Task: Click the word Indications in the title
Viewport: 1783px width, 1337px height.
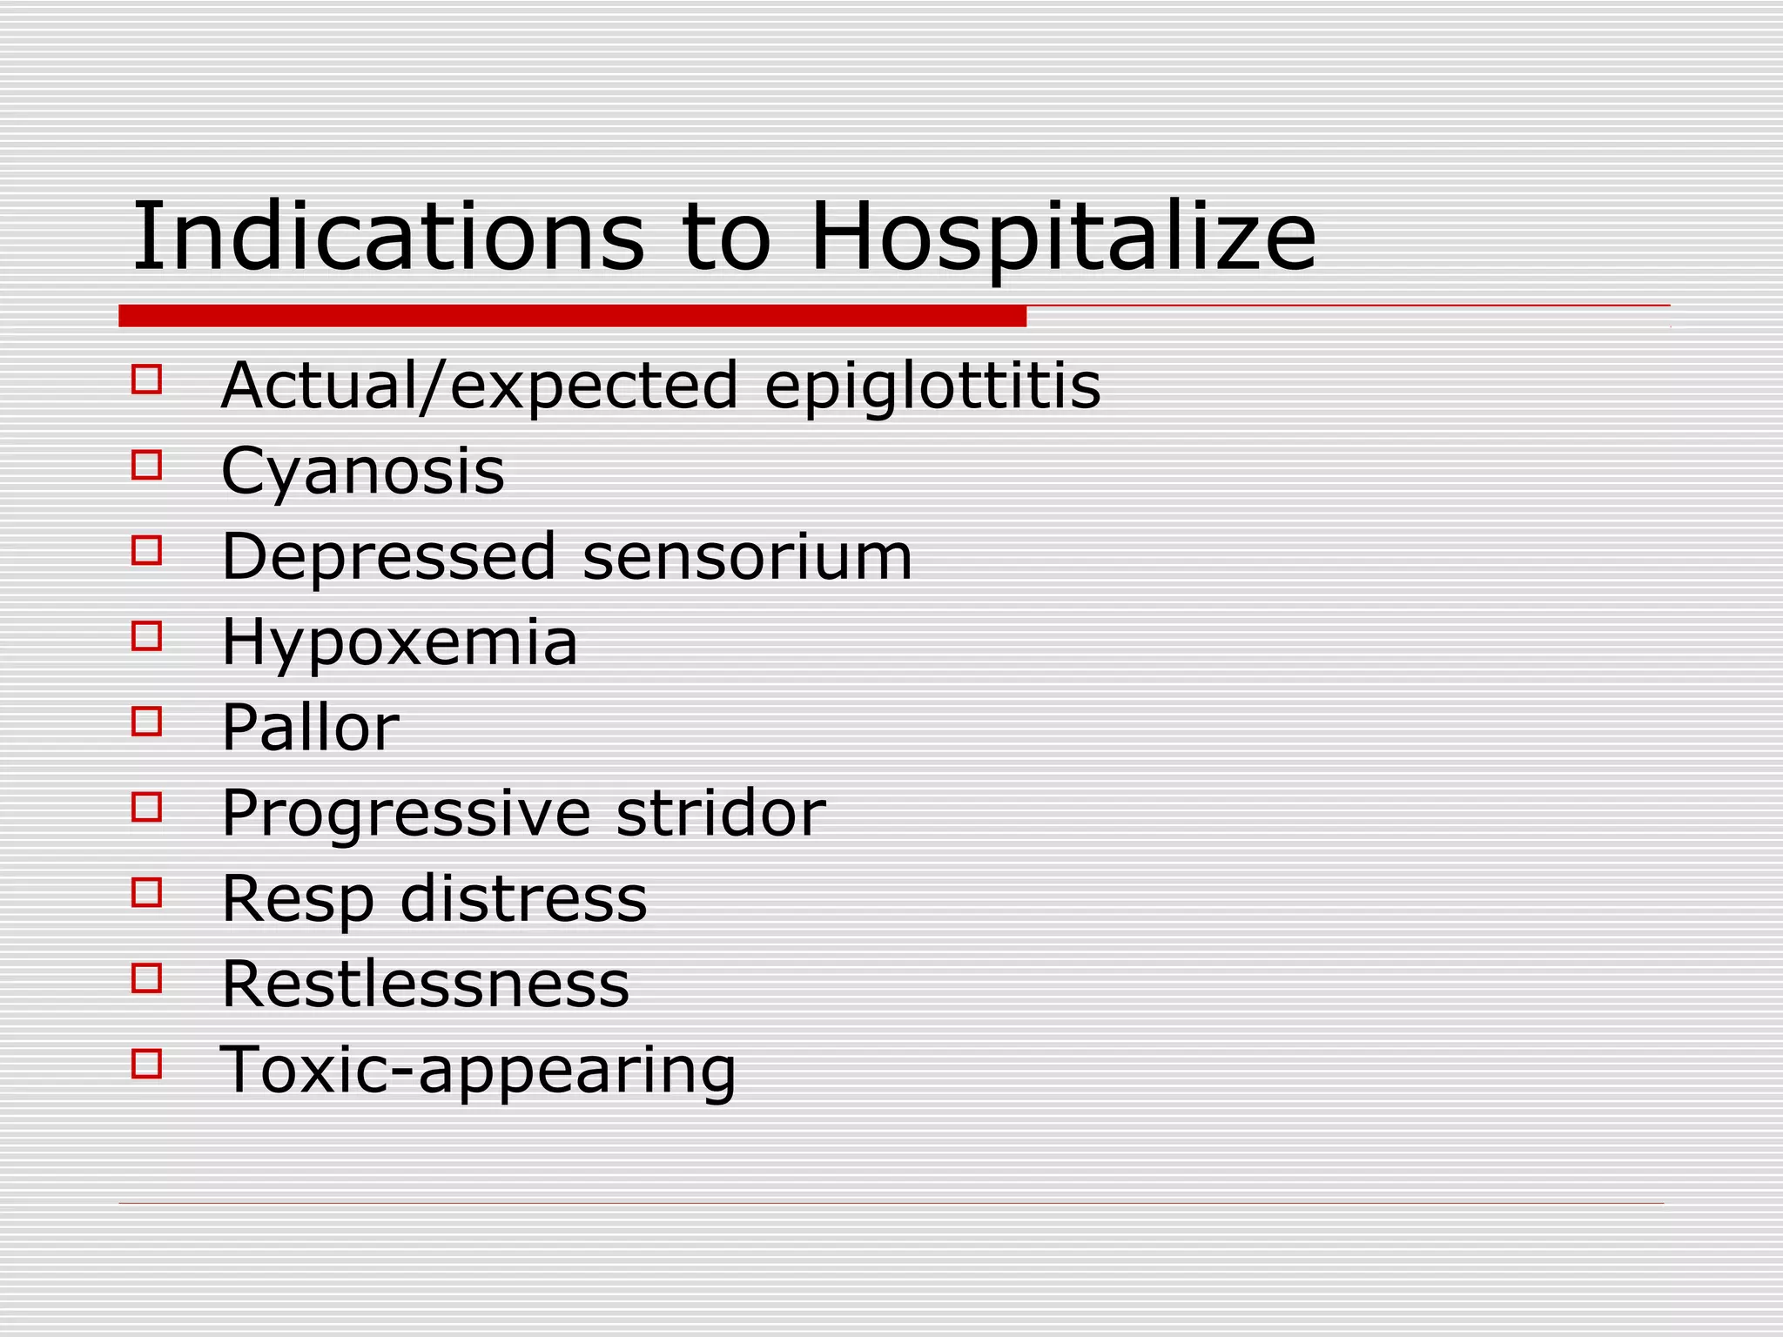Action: click(388, 237)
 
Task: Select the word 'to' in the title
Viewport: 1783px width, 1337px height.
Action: click(727, 237)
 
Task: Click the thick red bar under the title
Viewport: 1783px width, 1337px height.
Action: click(572, 316)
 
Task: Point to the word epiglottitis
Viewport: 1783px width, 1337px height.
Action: click(932, 387)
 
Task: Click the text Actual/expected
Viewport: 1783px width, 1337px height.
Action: click(480, 386)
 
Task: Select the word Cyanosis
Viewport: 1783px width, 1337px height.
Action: click(363, 472)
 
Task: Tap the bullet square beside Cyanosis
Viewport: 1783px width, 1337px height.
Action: click(146, 465)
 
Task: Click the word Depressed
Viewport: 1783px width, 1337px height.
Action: click(388, 556)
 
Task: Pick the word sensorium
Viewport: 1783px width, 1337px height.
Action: click(747, 556)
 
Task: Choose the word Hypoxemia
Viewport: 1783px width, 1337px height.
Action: click(400, 642)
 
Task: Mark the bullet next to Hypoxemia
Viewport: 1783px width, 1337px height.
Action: click(146, 636)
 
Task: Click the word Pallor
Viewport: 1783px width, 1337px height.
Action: click(310, 727)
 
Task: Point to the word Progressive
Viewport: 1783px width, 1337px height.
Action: click(407, 814)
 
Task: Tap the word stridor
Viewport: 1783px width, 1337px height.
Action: click(721, 813)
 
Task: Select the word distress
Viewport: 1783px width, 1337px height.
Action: click(523, 898)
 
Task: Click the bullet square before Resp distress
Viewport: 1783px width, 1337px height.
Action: click(146, 893)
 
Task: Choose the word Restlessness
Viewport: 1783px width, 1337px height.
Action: click(426, 984)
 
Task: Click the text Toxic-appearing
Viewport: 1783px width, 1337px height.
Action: click(478, 1071)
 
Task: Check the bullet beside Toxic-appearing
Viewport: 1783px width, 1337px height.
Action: click(146, 1064)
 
